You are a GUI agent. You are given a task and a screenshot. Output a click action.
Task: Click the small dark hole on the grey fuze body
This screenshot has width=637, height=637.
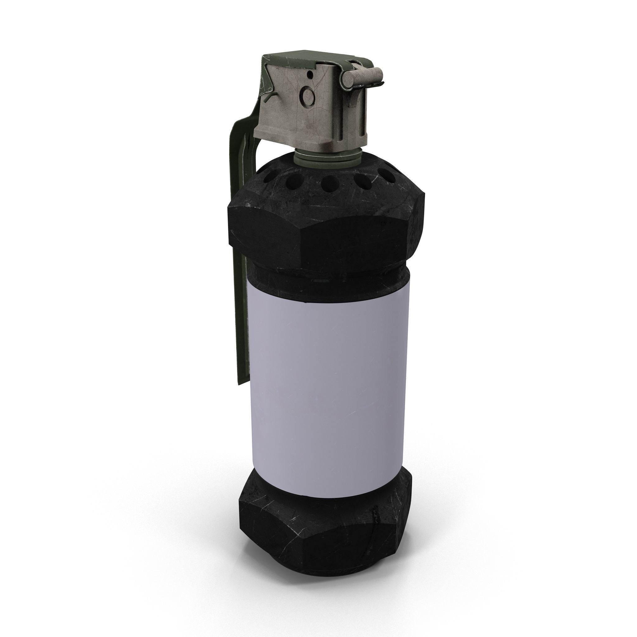point(310,75)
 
